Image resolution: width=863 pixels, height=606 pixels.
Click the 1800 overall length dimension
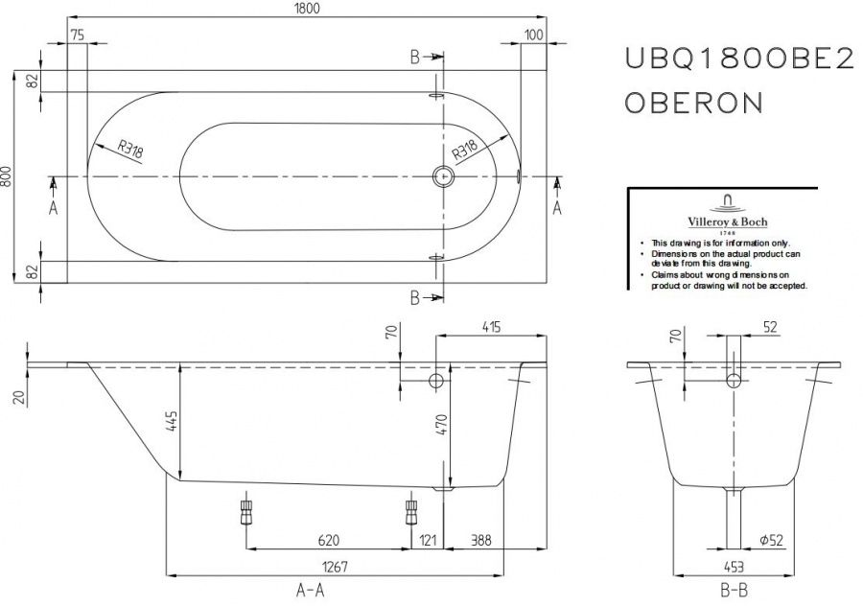pyautogui.click(x=306, y=9)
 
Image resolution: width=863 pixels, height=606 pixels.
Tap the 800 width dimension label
pyautogui.click(x=7, y=176)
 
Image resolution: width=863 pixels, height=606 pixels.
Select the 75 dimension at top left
pyautogui.click(x=78, y=35)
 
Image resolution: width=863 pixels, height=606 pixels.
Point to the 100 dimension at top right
pyautogui.click(x=533, y=35)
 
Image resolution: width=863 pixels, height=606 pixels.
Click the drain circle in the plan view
pyautogui.click(x=442, y=176)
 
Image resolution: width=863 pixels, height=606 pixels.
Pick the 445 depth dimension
pyautogui.click(x=173, y=421)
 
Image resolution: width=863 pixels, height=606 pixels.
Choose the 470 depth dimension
pyautogui.click(x=442, y=426)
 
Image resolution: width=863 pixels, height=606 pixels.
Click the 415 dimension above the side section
pyautogui.click(x=492, y=327)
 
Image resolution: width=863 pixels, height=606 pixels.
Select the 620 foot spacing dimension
pyautogui.click(x=329, y=541)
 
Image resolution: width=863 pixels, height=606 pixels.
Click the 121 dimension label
pyautogui.click(x=428, y=541)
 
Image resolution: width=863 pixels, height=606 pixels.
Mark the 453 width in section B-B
pyautogui.click(x=735, y=567)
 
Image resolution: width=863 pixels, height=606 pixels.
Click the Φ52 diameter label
pyautogui.click(x=771, y=541)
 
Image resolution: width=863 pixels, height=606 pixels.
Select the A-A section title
pyautogui.click(x=311, y=591)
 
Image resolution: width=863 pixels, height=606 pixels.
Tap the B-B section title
pyautogui.click(x=735, y=592)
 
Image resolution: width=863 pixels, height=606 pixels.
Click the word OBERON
pyautogui.click(x=694, y=103)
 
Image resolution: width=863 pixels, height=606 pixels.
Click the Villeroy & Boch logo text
pyautogui.click(x=728, y=222)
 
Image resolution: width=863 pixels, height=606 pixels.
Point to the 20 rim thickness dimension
pyautogui.click(x=20, y=398)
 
